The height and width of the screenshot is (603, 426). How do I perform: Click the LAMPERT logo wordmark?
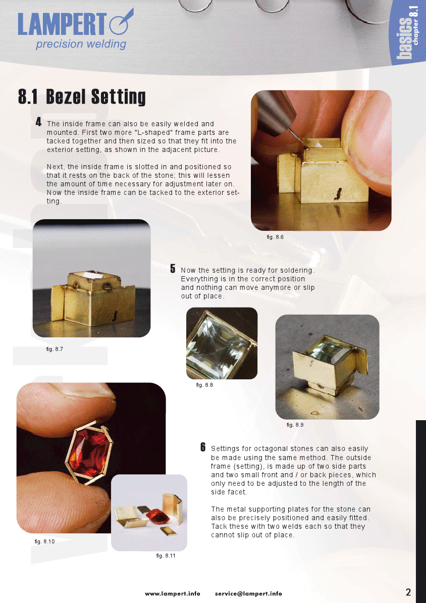(62, 24)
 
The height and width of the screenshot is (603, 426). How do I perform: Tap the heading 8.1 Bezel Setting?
(82, 96)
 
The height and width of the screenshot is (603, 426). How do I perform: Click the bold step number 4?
(38, 122)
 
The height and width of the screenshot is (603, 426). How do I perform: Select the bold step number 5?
(173, 269)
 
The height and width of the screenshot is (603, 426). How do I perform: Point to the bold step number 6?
(203, 447)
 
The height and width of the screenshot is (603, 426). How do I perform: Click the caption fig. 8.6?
(275, 237)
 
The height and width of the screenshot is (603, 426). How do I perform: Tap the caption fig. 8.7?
(54, 349)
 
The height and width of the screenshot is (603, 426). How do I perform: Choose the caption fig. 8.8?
(204, 385)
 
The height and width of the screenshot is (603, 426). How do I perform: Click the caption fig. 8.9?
(295, 425)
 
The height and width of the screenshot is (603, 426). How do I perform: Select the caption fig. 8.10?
(44, 541)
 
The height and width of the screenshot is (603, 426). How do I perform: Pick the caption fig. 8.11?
(166, 556)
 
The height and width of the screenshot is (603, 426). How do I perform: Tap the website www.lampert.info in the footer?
(173, 593)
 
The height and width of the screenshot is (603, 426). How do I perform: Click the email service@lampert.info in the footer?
(248, 593)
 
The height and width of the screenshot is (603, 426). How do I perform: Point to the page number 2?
(408, 592)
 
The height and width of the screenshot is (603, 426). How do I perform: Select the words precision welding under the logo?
(81, 44)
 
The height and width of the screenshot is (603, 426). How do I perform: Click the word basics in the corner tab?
(404, 38)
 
